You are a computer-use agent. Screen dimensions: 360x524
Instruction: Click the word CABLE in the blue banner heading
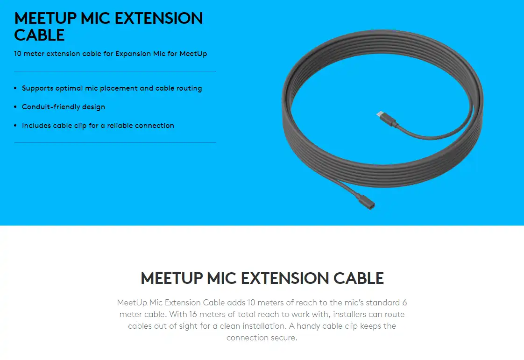tap(39, 35)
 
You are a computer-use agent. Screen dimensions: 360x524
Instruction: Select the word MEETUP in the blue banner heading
tap(44, 19)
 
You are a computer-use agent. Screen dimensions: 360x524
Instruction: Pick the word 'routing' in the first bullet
tap(189, 88)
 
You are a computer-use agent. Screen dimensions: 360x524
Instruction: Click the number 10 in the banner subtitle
tap(18, 54)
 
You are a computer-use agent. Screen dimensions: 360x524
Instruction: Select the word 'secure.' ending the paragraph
tap(284, 338)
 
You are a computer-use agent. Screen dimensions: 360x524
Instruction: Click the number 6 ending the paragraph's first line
tap(404, 303)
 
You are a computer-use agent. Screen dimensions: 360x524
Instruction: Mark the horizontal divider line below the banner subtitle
tap(115, 71)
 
